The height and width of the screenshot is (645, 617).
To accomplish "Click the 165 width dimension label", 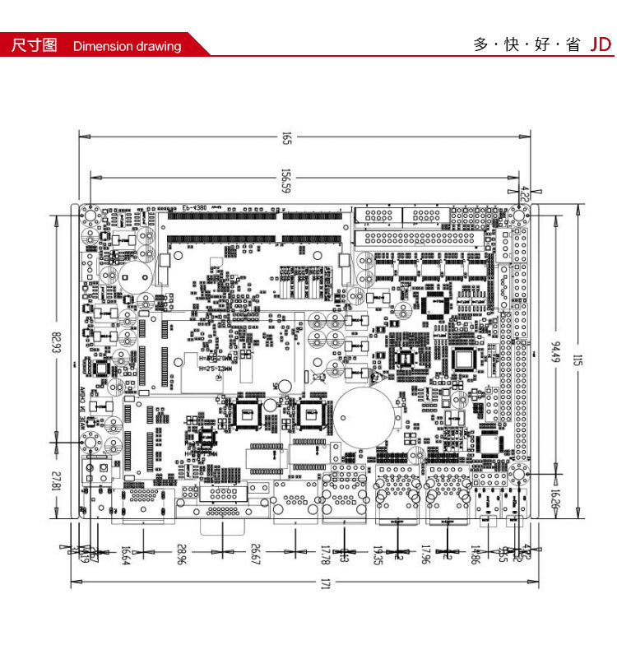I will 287,138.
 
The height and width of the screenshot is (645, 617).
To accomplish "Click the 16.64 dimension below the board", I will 126,556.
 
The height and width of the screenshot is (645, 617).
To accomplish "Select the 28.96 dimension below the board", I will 181,556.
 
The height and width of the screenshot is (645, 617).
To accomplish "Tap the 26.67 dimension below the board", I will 256,556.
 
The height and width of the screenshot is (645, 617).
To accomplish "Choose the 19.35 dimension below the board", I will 378,556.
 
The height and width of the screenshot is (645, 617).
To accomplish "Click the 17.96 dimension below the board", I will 426,556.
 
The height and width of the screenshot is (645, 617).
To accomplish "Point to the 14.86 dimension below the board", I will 476,556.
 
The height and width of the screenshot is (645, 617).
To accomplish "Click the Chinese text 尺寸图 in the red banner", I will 34,45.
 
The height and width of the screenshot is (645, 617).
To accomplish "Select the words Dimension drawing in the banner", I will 127,46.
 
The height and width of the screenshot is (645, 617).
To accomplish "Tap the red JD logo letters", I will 601,44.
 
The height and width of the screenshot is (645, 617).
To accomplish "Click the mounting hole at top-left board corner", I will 90,216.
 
